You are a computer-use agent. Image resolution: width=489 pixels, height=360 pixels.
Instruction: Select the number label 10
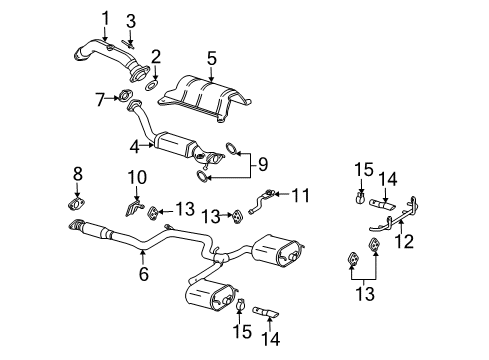(138, 178)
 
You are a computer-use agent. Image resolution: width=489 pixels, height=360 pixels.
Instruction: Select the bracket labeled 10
(133, 207)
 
